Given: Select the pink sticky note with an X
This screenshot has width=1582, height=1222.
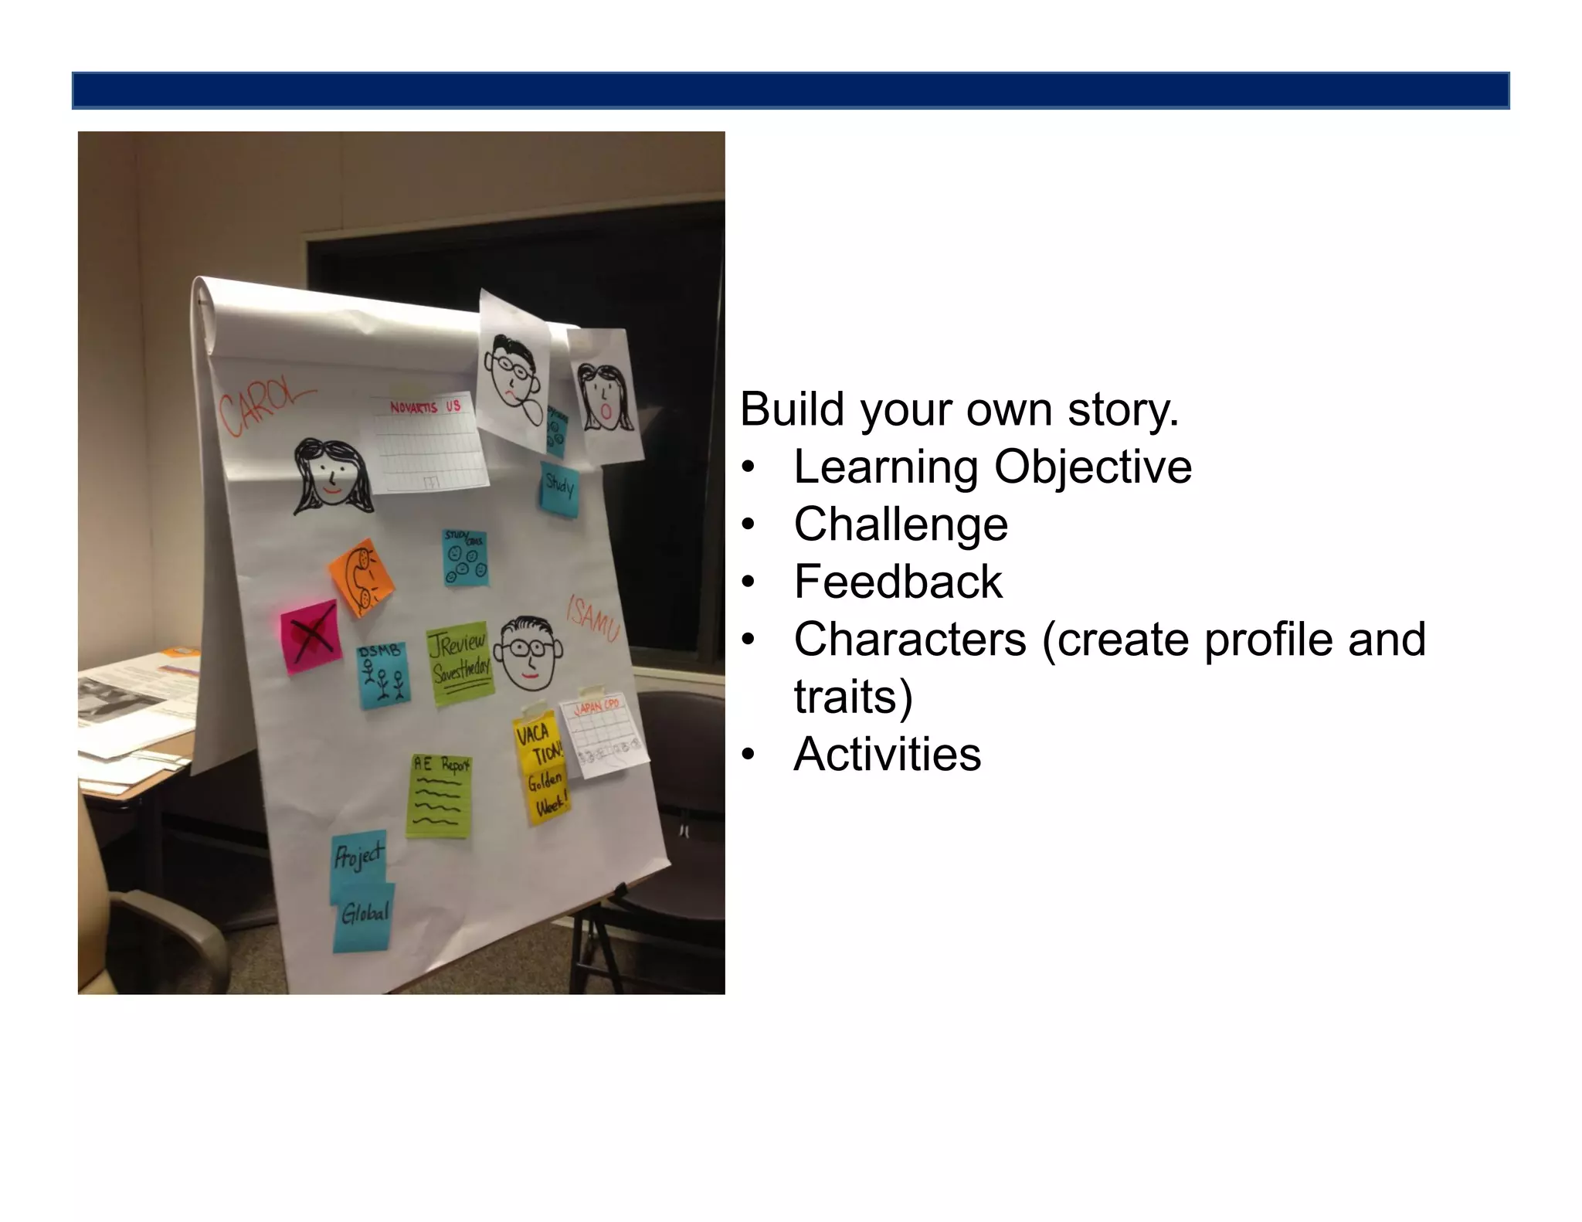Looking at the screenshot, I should click(x=311, y=635).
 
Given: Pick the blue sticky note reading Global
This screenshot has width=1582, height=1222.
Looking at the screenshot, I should click(x=365, y=918).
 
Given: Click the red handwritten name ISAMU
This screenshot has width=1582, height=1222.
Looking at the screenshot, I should click(x=592, y=618).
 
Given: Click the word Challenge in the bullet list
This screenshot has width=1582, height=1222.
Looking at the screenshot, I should click(x=900, y=524).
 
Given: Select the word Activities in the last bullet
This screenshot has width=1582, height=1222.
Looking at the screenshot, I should click(x=887, y=754).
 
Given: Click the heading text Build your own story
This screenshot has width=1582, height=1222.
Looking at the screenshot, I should click(x=959, y=409).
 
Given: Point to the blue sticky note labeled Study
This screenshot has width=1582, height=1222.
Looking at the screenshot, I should click(x=559, y=488).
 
